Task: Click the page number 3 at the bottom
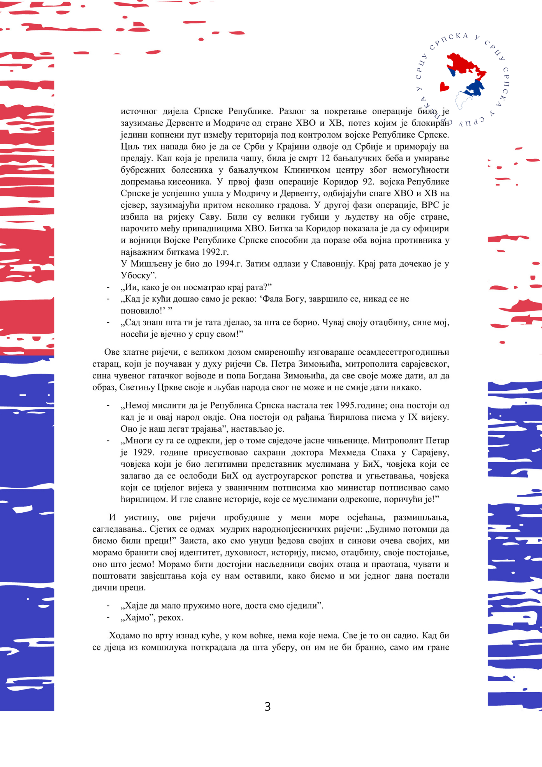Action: tap(268, 706)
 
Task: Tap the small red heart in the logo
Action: tap(444, 87)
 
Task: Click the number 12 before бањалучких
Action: tap(325, 158)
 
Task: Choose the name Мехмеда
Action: tap(348, 453)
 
